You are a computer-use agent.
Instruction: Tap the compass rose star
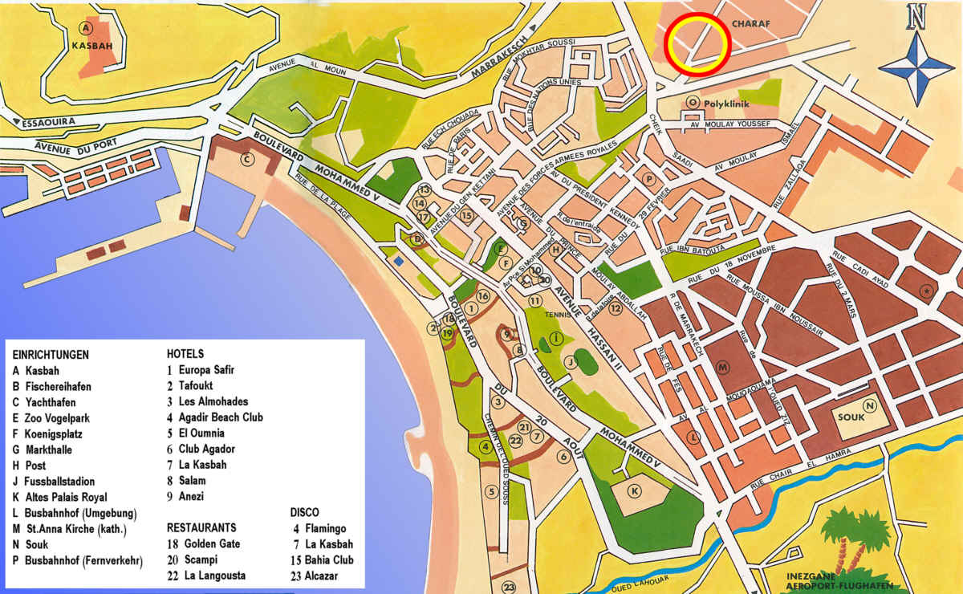coord(916,67)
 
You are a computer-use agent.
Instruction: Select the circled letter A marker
coord(85,28)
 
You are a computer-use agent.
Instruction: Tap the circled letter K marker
coord(636,490)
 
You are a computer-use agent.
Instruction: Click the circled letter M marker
coord(724,368)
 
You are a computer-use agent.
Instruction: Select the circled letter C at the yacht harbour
coord(247,159)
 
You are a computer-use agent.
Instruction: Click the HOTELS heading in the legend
coord(185,353)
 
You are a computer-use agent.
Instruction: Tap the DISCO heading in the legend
coord(304,511)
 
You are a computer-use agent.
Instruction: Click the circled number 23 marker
coord(509,587)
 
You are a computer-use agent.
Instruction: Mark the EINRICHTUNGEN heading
coord(51,354)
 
